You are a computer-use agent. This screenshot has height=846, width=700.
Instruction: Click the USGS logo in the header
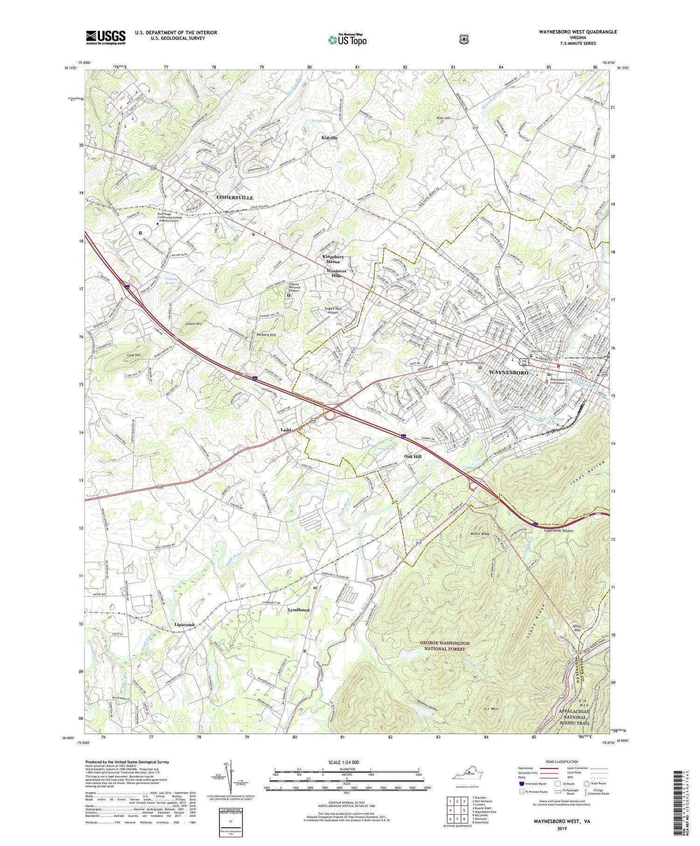[105, 37]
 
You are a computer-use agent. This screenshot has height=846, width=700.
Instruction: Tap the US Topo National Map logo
[347, 39]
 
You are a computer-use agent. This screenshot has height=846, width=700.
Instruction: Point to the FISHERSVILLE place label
[235, 198]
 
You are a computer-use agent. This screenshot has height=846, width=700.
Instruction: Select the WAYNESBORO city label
[508, 373]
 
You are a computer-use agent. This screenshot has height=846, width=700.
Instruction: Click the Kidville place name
[329, 138]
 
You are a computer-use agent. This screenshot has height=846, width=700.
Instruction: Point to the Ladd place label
[286, 430]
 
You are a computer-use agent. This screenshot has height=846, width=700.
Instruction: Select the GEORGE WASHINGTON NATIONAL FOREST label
[444, 646]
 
